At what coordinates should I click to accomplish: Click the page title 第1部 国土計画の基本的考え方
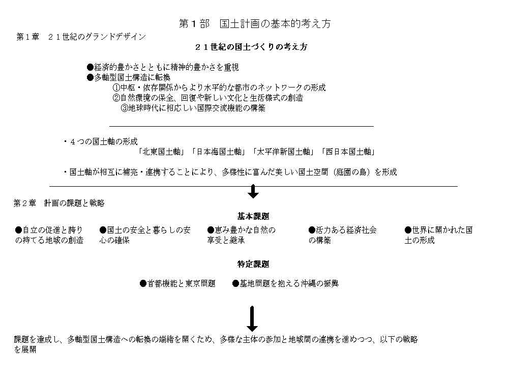255,23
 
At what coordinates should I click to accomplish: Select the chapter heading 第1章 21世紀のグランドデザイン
81,37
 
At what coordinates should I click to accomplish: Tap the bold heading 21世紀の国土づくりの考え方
251,47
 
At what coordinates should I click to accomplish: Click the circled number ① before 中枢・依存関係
116,87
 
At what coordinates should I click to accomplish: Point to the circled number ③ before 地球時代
125,108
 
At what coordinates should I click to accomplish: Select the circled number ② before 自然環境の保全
116,98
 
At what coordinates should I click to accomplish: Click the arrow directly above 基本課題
253,191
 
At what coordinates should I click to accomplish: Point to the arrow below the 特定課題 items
252,318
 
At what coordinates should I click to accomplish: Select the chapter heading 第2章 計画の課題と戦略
59,203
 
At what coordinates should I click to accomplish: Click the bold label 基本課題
253,216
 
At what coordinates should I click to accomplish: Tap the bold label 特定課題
253,264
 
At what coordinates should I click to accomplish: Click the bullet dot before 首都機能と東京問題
143,284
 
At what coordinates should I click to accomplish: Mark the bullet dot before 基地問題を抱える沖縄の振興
236,284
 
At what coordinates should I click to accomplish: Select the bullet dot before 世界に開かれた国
408,230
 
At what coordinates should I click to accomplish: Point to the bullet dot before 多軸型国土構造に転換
90,78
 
